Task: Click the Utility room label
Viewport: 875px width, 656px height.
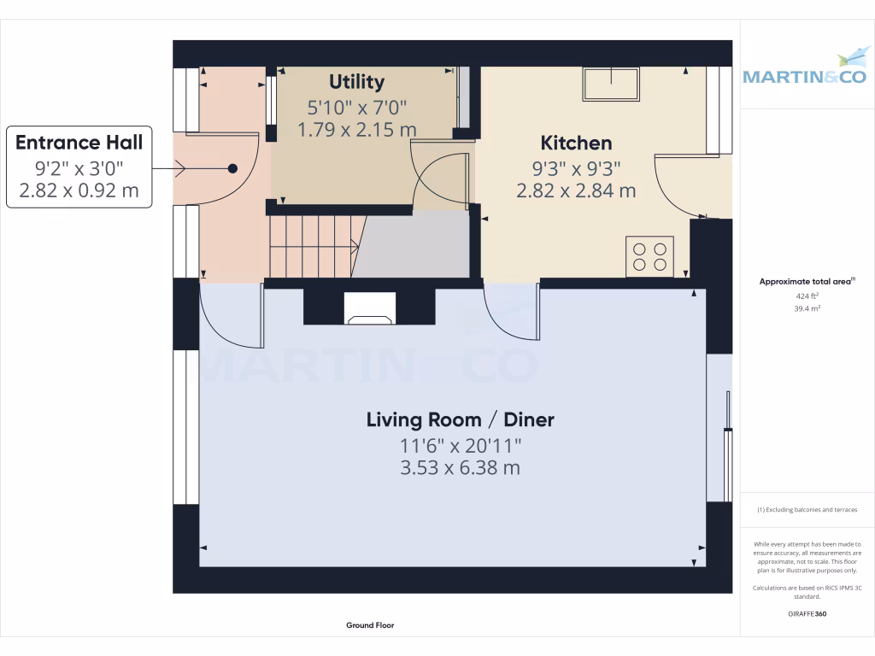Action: tap(356, 82)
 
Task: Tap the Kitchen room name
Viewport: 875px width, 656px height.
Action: tap(576, 143)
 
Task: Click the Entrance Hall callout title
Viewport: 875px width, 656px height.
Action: tap(79, 142)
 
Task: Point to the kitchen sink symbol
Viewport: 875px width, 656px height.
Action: tap(611, 84)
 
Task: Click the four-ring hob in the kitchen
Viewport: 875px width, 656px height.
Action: tap(649, 256)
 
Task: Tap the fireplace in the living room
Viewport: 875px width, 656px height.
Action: tap(369, 308)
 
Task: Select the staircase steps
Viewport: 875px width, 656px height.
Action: tap(313, 246)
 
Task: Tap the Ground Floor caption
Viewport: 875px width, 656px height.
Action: tap(370, 625)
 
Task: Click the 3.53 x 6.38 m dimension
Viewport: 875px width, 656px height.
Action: tap(460, 468)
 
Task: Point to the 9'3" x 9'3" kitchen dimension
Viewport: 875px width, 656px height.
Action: tap(576, 168)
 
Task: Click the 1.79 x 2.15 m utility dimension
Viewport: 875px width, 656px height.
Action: tap(356, 130)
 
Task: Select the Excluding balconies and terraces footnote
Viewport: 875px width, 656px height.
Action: tap(807, 510)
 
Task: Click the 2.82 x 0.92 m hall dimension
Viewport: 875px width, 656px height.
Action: tap(79, 190)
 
